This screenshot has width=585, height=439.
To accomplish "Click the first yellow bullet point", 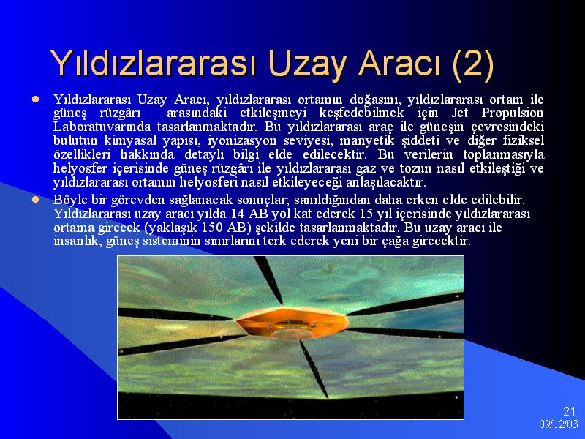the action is tap(35, 100).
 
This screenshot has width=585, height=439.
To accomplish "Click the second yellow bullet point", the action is tap(35, 200).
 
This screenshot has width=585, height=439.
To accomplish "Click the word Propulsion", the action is tap(513, 113).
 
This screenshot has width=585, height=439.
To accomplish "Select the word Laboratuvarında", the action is tap(102, 127).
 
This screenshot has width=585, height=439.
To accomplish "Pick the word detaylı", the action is tap(204, 155).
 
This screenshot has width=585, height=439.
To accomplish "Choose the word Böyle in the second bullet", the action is tap(70, 200).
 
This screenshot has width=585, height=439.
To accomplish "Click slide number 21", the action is tap(569, 411).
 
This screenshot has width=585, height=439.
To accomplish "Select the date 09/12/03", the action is tap(558, 424).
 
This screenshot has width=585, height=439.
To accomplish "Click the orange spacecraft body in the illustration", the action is tap(292, 323).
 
